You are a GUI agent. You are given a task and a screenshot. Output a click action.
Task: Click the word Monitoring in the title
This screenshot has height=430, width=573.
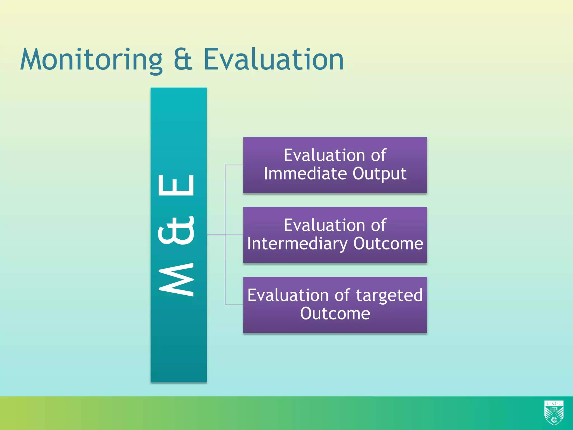click(x=91, y=60)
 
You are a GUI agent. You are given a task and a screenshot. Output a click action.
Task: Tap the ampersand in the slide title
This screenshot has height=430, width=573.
click(x=183, y=59)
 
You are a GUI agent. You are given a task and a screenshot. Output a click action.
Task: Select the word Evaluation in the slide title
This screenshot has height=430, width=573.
click(x=273, y=59)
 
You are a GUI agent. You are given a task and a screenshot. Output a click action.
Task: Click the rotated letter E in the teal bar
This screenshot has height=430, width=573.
click(x=176, y=185)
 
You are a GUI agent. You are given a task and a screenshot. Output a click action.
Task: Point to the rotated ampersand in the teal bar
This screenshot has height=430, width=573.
click(x=176, y=230)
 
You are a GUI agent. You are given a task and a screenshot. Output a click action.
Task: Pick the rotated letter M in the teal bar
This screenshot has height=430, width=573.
click(x=176, y=279)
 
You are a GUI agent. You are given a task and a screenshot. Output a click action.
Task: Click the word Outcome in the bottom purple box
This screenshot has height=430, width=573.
click(x=335, y=314)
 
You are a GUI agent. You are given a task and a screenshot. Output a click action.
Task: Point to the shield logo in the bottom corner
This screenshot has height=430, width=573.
click(x=554, y=413)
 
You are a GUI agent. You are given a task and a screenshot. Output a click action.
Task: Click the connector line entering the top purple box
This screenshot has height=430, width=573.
click(x=234, y=165)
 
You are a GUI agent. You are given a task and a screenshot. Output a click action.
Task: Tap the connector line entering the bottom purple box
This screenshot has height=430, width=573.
click(x=234, y=305)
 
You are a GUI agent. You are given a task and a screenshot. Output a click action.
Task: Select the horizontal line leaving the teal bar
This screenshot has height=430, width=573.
click(x=216, y=235)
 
